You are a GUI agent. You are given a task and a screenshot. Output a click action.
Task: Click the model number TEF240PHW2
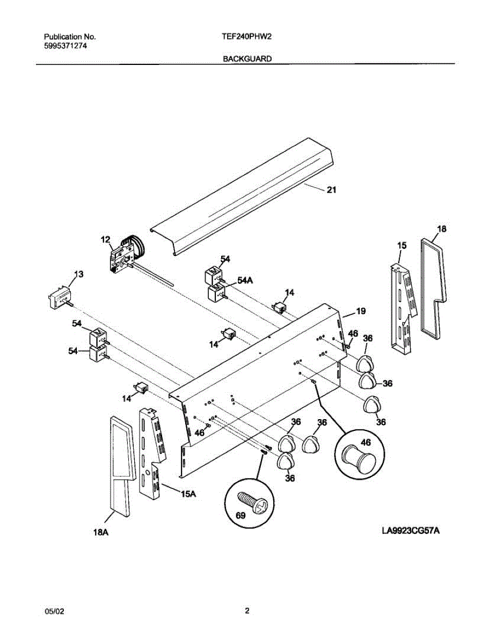coord(246,37)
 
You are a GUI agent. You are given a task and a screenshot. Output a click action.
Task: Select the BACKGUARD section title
coord(247,58)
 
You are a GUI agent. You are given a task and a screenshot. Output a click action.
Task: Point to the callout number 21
coord(331,189)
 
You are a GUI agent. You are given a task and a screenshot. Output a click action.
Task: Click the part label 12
coord(105,239)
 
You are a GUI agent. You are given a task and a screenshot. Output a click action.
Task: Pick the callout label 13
coord(78,274)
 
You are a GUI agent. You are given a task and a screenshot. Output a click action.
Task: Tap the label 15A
coord(188,494)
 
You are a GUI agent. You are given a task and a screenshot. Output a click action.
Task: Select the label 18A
coord(101,532)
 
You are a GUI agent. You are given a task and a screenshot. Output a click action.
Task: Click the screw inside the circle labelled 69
coord(252,502)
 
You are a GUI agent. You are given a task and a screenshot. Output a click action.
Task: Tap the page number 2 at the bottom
coord(247,610)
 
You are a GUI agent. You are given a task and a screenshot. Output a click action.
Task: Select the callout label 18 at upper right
coord(441,229)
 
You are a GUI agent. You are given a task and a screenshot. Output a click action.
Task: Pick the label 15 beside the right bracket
coord(402,245)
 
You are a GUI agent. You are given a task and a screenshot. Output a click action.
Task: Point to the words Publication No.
coord(69,37)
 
